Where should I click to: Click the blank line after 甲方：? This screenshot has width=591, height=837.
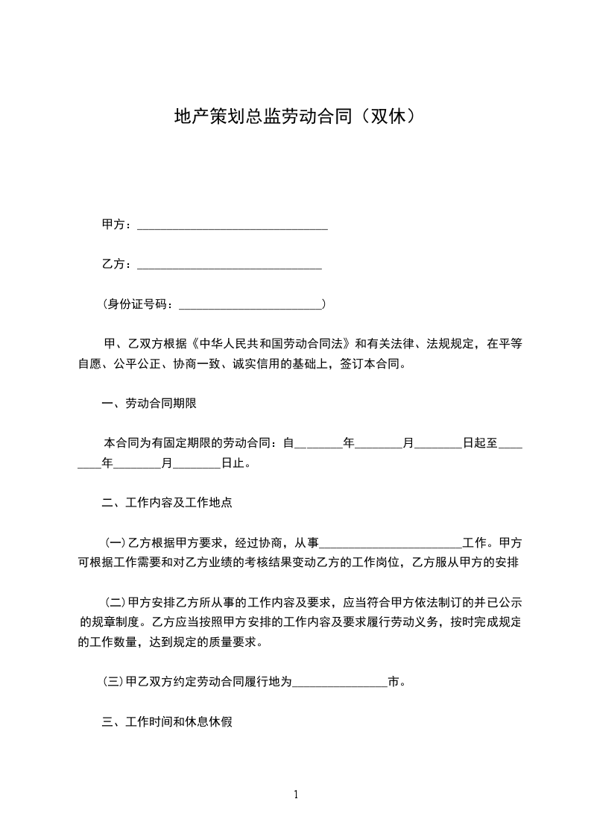click(x=233, y=225)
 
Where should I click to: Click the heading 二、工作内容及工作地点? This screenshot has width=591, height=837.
click(x=166, y=503)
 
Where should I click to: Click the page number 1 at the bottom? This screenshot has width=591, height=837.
click(x=296, y=794)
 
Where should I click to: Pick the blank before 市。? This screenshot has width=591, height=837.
click(x=340, y=682)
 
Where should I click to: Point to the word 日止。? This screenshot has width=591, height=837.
click(x=236, y=463)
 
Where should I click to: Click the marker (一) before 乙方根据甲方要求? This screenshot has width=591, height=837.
click(x=116, y=542)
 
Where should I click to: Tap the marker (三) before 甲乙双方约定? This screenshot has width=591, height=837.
click(x=116, y=681)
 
